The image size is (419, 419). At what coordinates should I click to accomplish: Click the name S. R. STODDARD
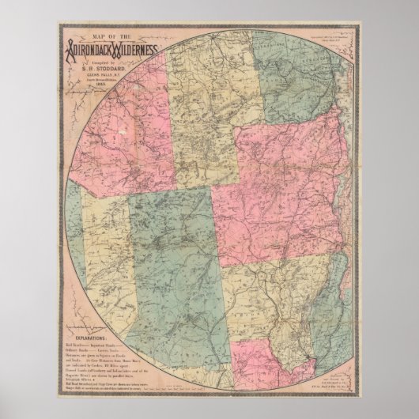[x=106, y=66]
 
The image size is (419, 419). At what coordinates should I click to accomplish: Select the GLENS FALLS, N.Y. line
[x=106, y=73]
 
